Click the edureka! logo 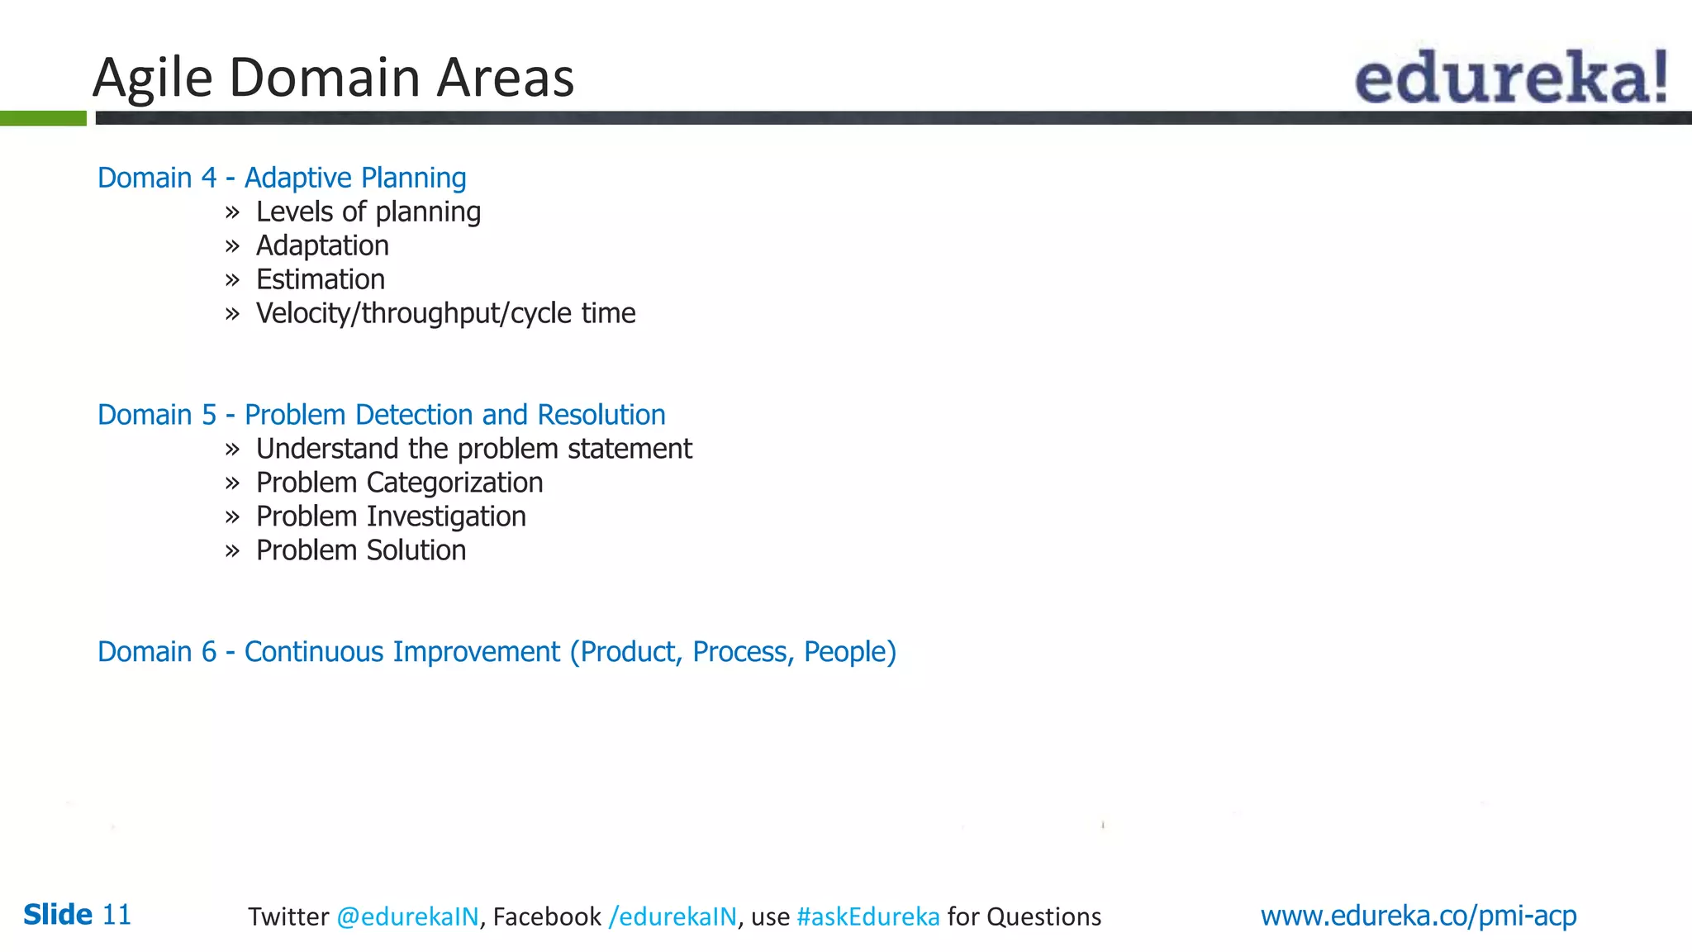pyautogui.click(x=1510, y=77)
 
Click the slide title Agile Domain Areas pyautogui.click(x=333, y=78)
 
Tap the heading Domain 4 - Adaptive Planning pyautogui.click(x=282, y=178)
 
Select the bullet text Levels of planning pyautogui.click(x=368, y=212)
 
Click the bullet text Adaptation pyautogui.click(x=322, y=246)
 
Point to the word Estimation pyautogui.click(x=321, y=280)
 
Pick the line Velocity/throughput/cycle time pyautogui.click(x=445, y=314)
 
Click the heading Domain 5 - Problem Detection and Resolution pyautogui.click(x=381, y=415)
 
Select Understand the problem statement pyautogui.click(x=473, y=449)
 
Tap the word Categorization pyautogui.click(x=454, y=483)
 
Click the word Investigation pyautogui.click(x=446, y=516)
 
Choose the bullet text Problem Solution pyautogui.click(x=361, y=550)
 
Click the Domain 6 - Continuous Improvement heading pyautogui.click(x=497, y=652)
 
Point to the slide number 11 pyautogui.click(x=116, y=915)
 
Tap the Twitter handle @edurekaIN pyautogui.click(x=407, y=916)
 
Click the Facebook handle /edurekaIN pyautogui.click(x=673, y=916)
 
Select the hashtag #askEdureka pyautogui.click(x=867, y=916)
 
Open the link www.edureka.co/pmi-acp pyautogui.click(x=1418, y=916)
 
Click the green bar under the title pyautogui.click(x=43, y=118)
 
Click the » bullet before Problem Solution pyautogui.click(x=232, y=551)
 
